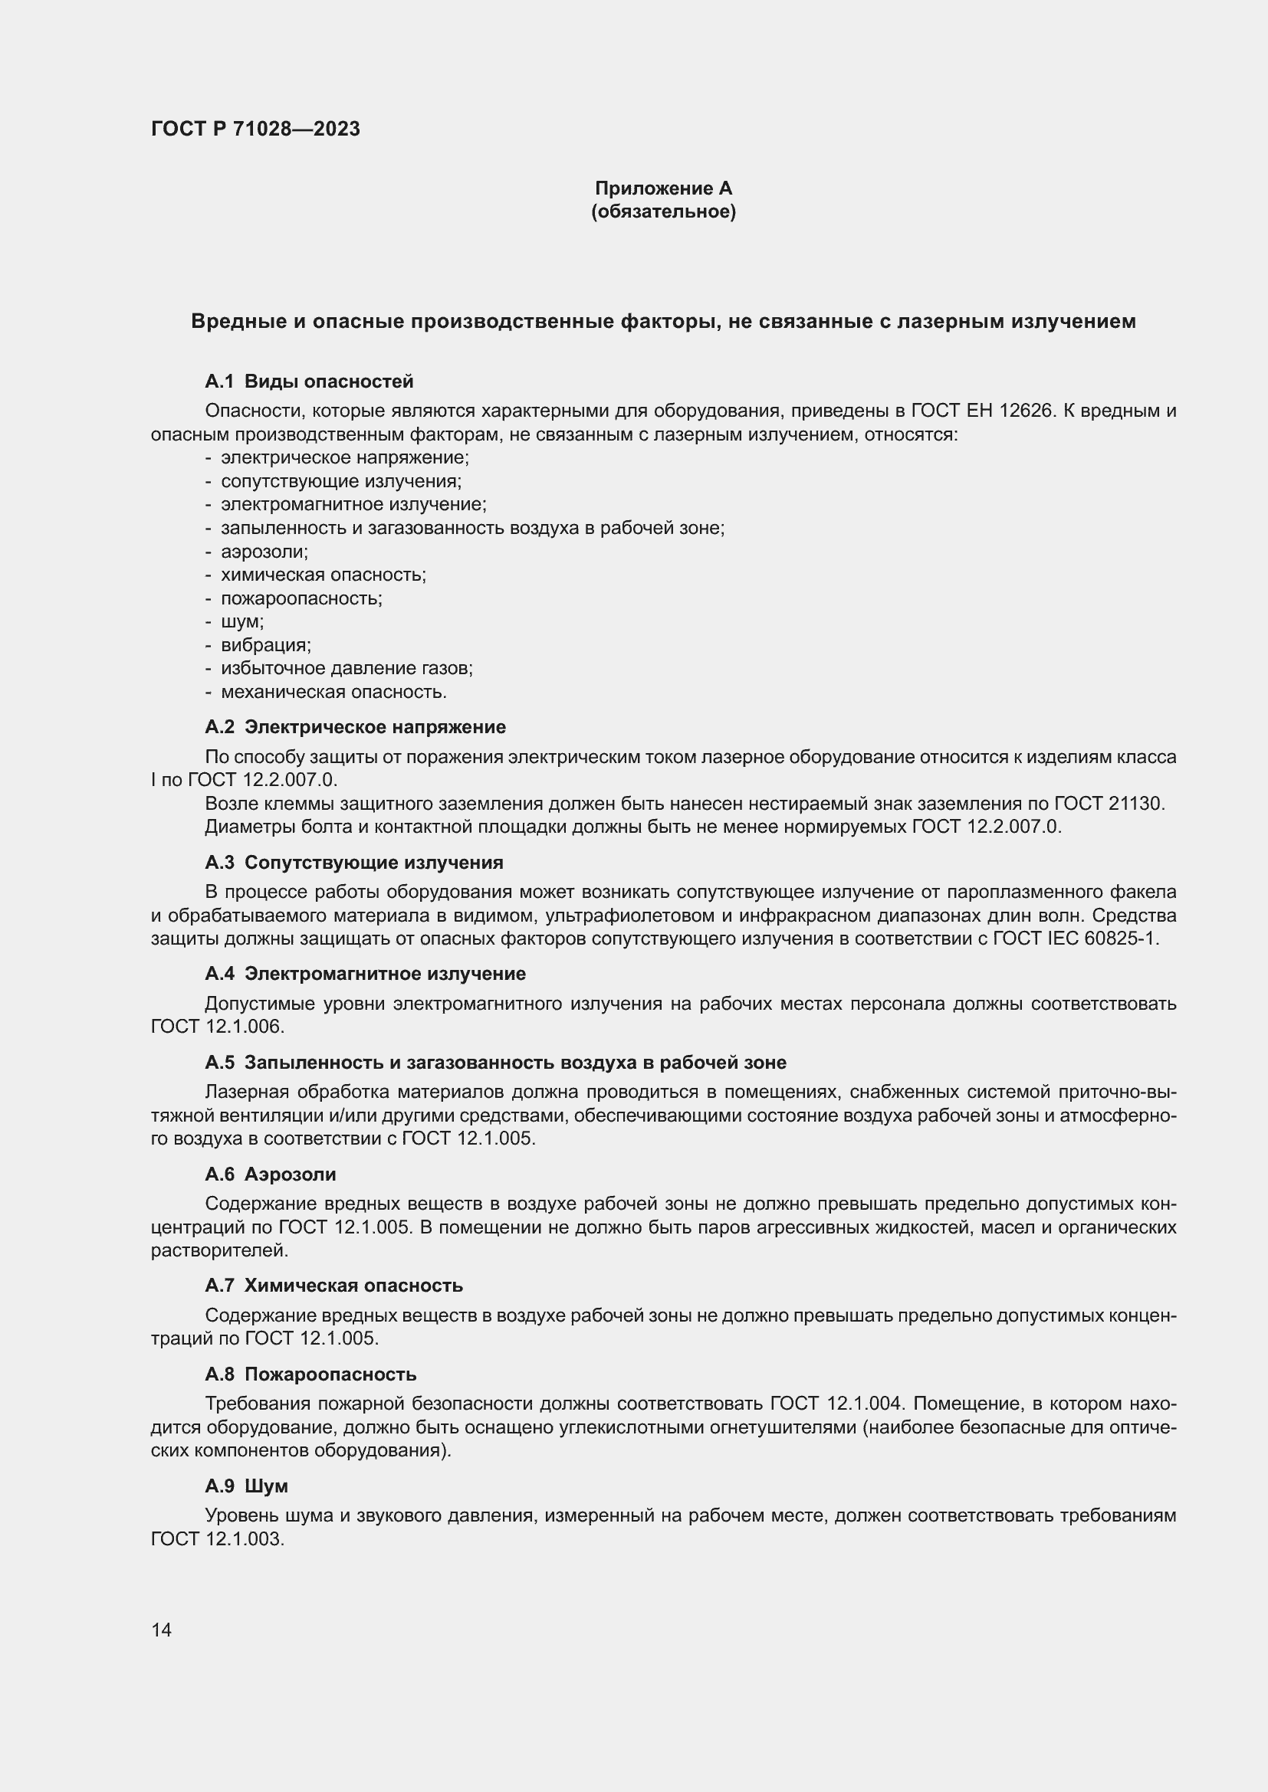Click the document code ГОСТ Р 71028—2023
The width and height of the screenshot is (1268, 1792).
pos(255,129)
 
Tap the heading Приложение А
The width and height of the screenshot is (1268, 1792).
pos(663,188)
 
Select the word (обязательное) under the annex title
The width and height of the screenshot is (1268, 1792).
pos(663,211)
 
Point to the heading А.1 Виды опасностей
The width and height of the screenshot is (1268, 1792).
pos(308,382)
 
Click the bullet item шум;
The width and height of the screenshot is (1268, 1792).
pos(242,622)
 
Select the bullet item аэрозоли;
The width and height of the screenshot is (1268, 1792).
pos(264,552)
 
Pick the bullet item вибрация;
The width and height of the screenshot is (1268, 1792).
pos(265,645)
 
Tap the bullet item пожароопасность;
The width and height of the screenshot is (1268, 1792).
pos(301,598)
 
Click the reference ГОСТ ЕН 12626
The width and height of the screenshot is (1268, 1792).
pos(982,411)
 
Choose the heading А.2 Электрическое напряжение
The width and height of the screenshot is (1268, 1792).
pos(354,727)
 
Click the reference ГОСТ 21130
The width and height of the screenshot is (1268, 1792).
pos(1108,804)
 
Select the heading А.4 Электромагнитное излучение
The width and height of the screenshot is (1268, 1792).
pos(365,974)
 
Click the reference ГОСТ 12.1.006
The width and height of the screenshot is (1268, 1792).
pos(216,1027)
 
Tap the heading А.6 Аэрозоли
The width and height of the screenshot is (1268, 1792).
pos(270,1174)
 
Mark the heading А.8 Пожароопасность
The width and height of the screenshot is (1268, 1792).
pos(310,1374)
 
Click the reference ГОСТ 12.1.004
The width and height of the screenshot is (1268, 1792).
pos(836,1404)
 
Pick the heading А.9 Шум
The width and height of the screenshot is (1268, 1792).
pos(246,1486)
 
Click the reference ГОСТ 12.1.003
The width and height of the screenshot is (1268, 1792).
pos(216,1539)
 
